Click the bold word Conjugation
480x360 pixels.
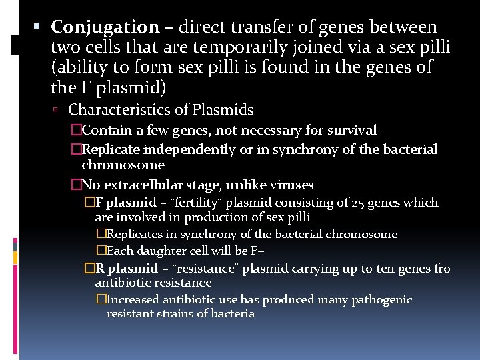pos(105,27)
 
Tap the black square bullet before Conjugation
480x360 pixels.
pos(37,27)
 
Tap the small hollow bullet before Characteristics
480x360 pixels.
pos(59,110)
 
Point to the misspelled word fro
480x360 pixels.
pos(441,269)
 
